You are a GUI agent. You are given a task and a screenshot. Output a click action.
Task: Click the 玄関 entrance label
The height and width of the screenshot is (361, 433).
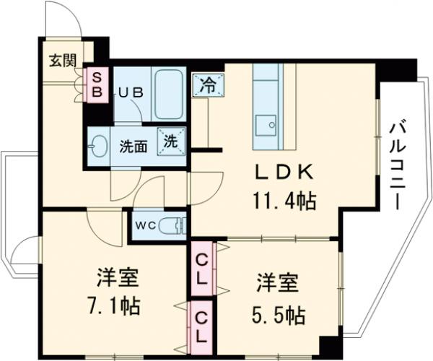tap(62, 60)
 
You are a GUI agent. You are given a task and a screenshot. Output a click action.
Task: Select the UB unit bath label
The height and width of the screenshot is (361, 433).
tap(131, 92)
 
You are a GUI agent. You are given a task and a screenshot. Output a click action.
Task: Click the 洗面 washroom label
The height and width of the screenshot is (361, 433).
tap(134, 144)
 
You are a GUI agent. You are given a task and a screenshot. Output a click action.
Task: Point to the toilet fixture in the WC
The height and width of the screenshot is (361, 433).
tap(171, 224)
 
